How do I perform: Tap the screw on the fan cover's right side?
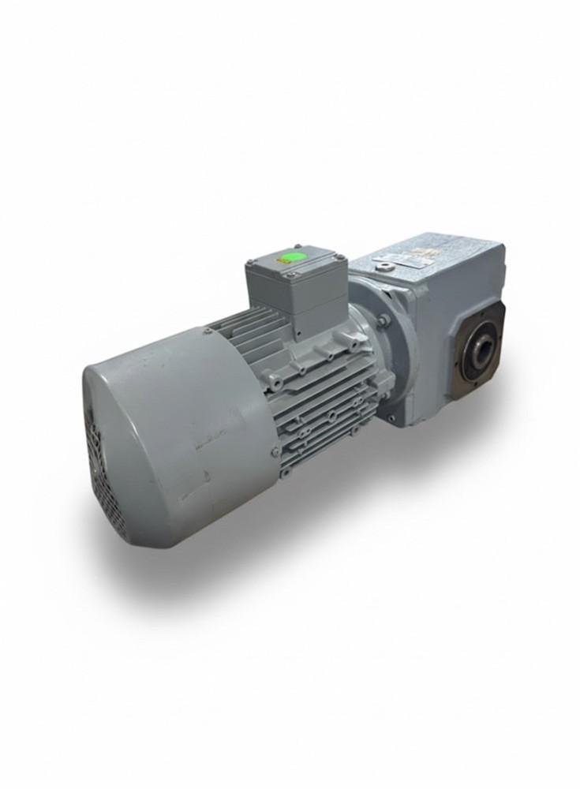coord(275,451)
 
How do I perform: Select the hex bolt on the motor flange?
coord(382,320)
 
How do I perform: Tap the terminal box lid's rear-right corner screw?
coord(335,256)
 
